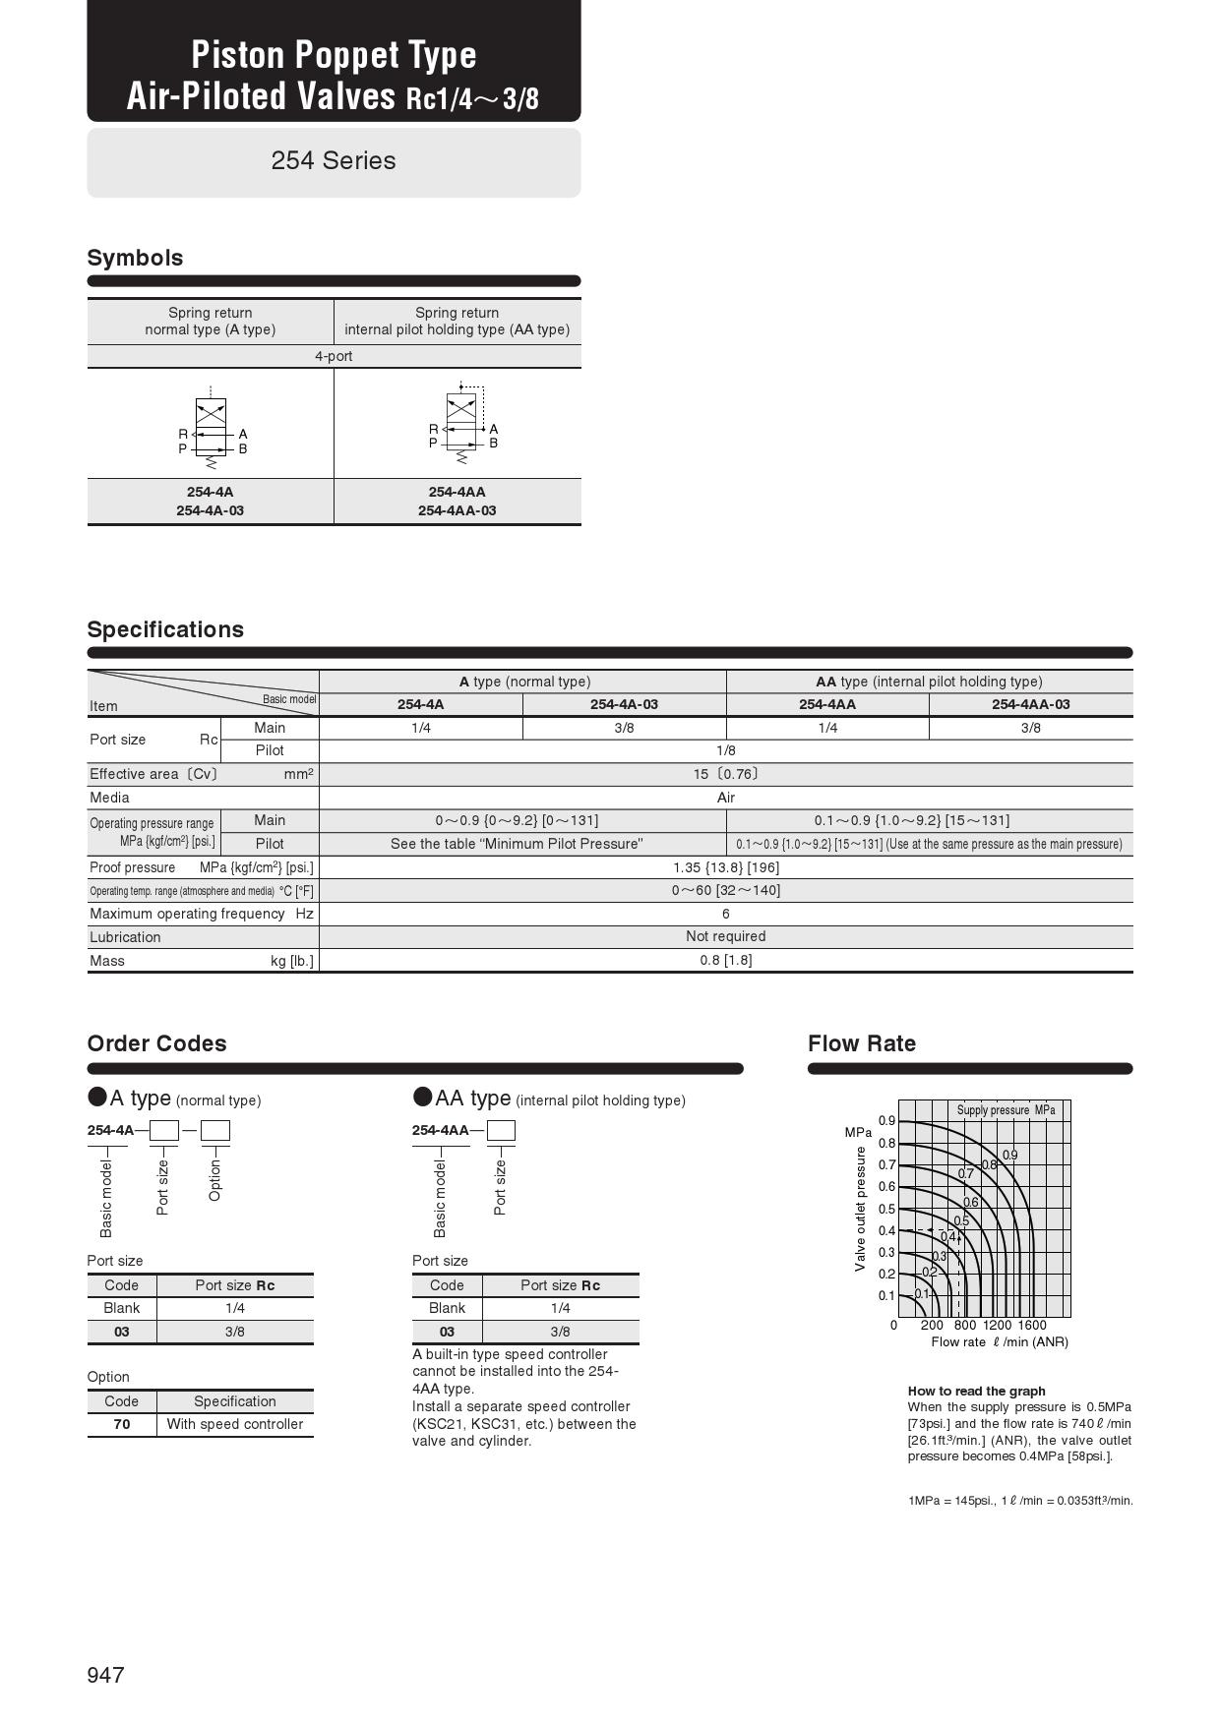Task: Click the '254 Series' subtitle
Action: click(334, 161)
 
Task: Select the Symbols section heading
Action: click(135, 258)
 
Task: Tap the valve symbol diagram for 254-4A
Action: click(211, 425)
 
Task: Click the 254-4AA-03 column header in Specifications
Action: click(1030, 704)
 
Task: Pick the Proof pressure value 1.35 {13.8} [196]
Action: click(725, 867)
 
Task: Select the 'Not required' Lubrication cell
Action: click(725, 936)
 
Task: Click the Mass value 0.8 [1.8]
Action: click(725, 960)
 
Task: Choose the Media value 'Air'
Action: click(725, 798)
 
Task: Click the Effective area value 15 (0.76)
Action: click(725, 774)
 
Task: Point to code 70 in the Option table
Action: click(121, 1424)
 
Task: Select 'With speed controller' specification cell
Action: click(234, 1424)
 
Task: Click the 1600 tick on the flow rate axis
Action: click(1032, 1325)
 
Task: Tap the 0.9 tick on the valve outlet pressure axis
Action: click(886, 1121)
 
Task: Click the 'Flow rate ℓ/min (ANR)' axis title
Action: click(999, 1342)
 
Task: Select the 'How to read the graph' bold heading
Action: click(976, 1391)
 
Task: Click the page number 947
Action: click(106, 1675)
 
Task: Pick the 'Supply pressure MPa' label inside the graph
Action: click(1006, 1110)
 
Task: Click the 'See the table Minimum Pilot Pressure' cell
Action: click(517, 844)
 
